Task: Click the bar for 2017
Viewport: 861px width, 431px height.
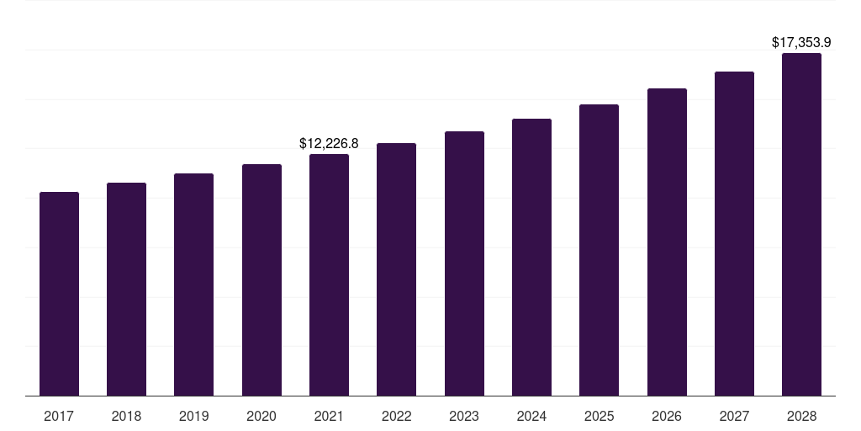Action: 60,294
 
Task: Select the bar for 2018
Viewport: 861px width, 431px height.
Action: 126,290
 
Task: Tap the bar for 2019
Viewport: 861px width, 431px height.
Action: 194,285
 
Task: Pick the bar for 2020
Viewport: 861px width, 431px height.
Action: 262,279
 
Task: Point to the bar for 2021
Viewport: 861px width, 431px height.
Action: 329,275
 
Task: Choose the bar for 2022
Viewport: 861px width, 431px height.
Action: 397,269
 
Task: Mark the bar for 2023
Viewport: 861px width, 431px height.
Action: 464,263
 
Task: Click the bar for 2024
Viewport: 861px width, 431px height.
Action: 531,258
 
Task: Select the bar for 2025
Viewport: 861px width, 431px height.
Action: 599,250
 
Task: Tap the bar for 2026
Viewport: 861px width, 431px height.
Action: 667,242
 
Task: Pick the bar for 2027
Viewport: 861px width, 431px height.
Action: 734,234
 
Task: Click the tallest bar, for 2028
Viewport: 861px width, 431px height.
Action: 801,224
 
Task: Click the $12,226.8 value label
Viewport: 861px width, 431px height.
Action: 329,143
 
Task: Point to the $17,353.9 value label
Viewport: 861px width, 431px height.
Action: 801,42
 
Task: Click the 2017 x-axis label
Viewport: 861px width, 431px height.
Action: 59,416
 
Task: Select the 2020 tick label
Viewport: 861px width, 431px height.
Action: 261,416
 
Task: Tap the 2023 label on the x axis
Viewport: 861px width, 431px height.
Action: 464,416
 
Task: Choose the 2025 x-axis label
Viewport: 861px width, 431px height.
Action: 599,416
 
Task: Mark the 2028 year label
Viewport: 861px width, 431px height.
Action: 801,416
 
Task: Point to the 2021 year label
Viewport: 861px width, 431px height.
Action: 329,416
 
